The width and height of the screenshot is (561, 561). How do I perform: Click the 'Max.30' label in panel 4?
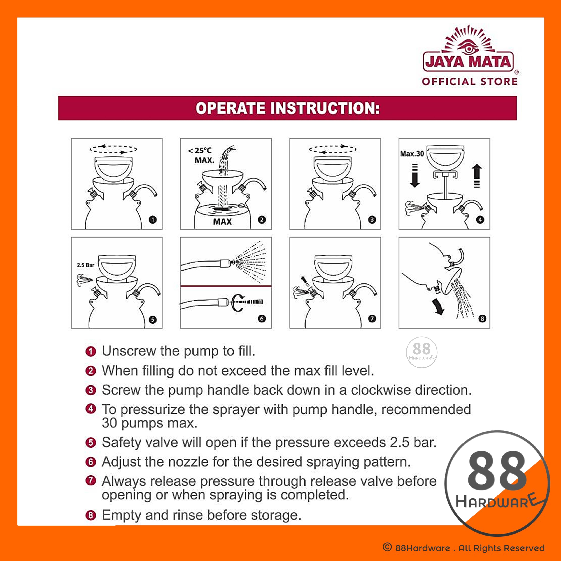tap(412, 154)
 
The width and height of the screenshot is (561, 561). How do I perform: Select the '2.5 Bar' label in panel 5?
tap(85, 265)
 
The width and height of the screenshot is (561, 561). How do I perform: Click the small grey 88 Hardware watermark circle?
tap(421, 352)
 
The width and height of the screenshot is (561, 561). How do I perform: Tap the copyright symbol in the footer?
tap(387, 547)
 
